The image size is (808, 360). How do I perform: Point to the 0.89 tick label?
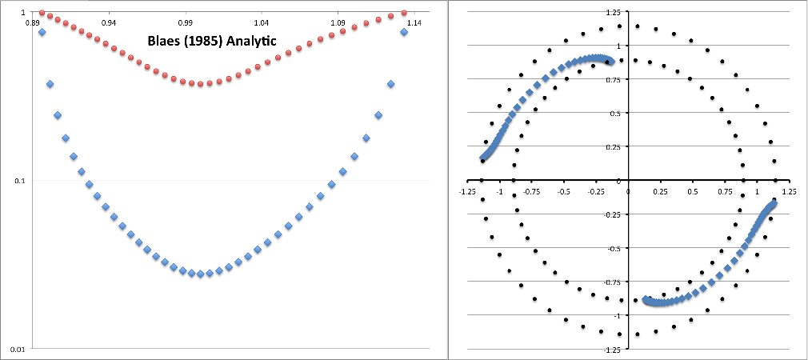tap(33, 22)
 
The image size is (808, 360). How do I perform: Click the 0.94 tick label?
tap(109, 22)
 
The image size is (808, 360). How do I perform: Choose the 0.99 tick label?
tap(185, 22)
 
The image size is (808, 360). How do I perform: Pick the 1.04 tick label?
tap(261, 22)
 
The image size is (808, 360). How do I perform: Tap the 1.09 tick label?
tap(337, 22)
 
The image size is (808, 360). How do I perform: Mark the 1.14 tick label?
tap(413, 22)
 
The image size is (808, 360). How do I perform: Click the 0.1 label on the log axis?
tap(19, 181)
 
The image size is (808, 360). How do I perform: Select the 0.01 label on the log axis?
tap(17, 349)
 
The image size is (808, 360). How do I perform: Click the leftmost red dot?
tap(42, 13)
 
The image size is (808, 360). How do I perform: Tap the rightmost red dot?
tap(404, 13)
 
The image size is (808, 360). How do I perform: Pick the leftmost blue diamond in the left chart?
tap(42, 32)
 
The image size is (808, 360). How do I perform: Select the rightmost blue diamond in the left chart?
tap(404, 32)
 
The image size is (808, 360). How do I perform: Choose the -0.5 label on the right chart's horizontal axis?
tap(564, 191)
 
